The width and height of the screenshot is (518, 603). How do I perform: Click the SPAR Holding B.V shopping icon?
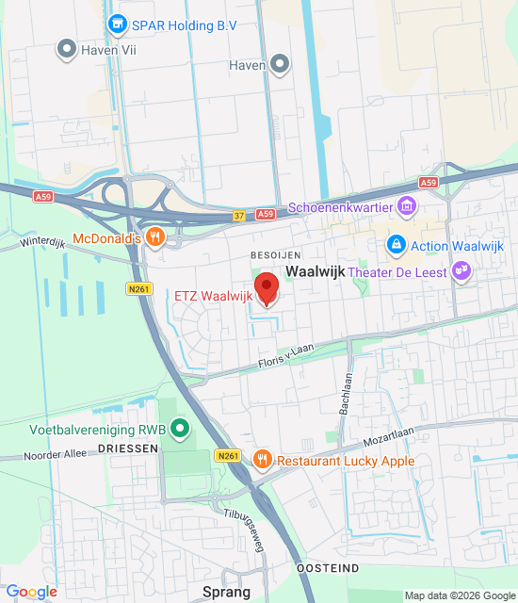click(117, 23)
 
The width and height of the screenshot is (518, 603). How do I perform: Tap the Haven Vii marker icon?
click(66, 48)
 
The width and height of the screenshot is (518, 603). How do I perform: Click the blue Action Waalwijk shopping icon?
click(397, 246)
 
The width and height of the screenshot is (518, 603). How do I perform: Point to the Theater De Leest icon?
click(461, 272)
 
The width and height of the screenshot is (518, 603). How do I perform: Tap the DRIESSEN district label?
click(127, 449)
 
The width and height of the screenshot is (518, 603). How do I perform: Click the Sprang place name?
click(227, 592)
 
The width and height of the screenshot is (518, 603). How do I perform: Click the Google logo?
click(31, 592)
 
